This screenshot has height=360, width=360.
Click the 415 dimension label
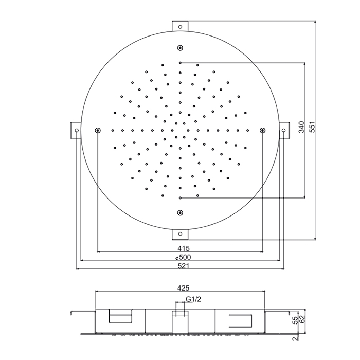[x=184, y=248]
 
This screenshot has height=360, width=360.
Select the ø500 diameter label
[x=183, y=257]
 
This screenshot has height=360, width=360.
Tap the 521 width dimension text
[x=184, y=266]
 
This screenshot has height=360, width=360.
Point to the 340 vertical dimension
[x=301, y=127]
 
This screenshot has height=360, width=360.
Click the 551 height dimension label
[x=312, y=127]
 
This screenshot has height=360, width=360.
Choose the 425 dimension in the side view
[x=183, y=287]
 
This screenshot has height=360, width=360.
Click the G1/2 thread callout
[x=193, y=299]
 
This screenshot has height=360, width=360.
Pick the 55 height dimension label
[x=296, y=320]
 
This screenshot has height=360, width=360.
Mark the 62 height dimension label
[x=302, y=319]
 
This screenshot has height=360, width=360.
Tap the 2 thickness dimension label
[x=296, y=338]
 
